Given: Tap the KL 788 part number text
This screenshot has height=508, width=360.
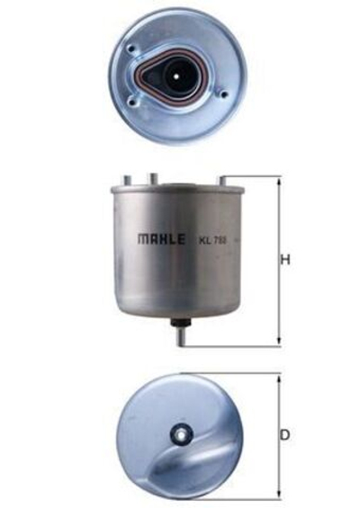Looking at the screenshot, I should pyautogui.click(x=211, y=241).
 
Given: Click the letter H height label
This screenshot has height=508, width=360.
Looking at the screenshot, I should pyautogui.click(x=285, y=261).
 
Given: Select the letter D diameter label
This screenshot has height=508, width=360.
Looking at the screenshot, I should pyautogui.click(x=285, y=435).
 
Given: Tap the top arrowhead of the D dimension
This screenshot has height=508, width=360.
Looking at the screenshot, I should pyautogui.click(x=279, y=379).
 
